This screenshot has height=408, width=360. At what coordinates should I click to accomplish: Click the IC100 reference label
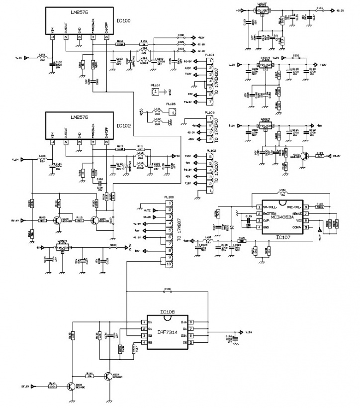click(x=124, y=21)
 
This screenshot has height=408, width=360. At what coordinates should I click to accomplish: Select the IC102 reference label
click(x=124, y=126)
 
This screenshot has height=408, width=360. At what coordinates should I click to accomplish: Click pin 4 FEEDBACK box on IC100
click(x=93, y=37)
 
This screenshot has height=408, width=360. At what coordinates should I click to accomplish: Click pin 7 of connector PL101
click(x=210, y=102)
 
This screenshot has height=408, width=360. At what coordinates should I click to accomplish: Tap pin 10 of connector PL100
click(x=169, y=264)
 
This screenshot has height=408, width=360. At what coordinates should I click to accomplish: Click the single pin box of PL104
click(x=156, y=92)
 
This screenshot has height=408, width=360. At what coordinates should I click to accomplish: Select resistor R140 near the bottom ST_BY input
click(x=52, y=386)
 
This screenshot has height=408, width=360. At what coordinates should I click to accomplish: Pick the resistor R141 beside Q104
click(x=90, y=376)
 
